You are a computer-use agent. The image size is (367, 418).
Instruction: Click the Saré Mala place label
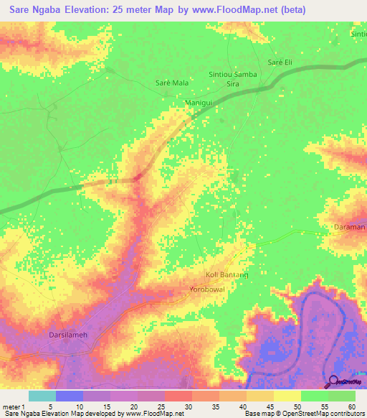coord(172,83)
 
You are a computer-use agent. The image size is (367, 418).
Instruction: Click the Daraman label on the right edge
coord(350,227)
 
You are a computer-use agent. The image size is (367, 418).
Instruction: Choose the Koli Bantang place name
coord(227,275)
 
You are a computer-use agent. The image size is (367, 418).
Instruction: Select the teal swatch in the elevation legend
coord(42,396)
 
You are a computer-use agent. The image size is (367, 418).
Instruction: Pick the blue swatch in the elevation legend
coord(70,396)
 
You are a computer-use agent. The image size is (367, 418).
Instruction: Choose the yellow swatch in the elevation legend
coord(287,396)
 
